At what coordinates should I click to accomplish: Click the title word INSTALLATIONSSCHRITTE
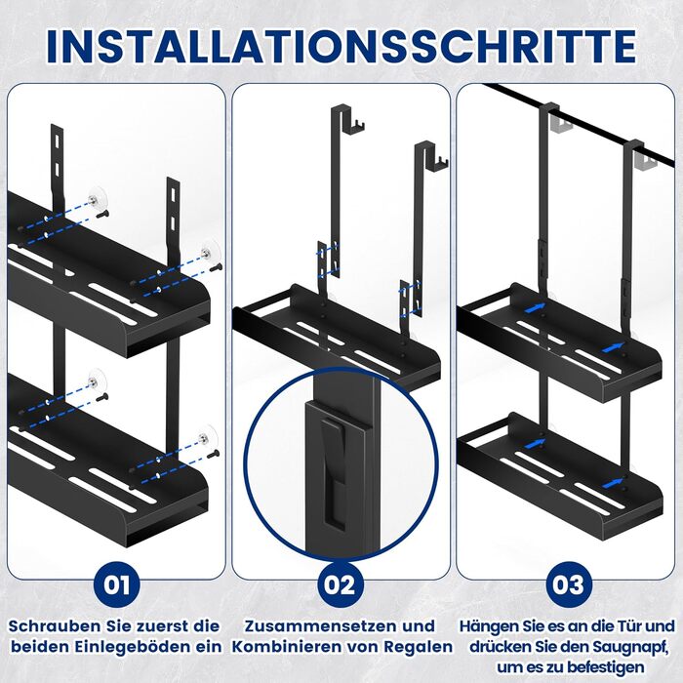[341, 47]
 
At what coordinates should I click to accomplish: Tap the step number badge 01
[117, 584]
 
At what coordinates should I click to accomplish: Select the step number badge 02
[341, 584]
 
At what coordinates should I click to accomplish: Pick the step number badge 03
[568, 584]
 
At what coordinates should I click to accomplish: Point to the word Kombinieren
[286, 647]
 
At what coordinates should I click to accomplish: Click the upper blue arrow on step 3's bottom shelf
[536, 443]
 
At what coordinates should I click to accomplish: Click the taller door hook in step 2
[344, 191]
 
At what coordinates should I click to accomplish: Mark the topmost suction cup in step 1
[97, 197]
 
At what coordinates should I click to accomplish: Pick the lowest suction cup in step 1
[207, 438]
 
